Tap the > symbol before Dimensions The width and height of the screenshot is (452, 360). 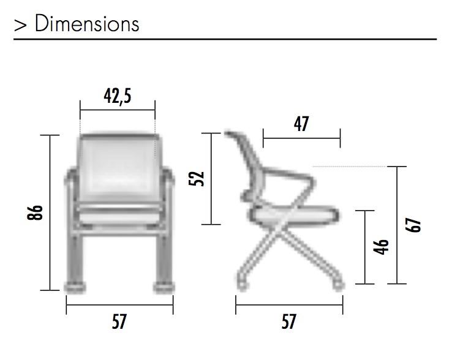tap(20, 24)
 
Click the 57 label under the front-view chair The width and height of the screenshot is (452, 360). tap(119, 321)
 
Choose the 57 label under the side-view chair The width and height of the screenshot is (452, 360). tap(288, 321)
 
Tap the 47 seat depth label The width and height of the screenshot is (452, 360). tap(301, 124)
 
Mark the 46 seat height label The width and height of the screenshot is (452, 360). tap(381, 247)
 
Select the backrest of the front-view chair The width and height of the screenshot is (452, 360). tap(118, 162)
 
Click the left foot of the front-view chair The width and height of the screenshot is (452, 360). tap(75, 286)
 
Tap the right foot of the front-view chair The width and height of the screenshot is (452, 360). tap(162, 286)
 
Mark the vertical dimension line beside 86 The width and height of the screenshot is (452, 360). tap(50, 212)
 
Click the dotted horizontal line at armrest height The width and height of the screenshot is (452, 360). tap(349, 166)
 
